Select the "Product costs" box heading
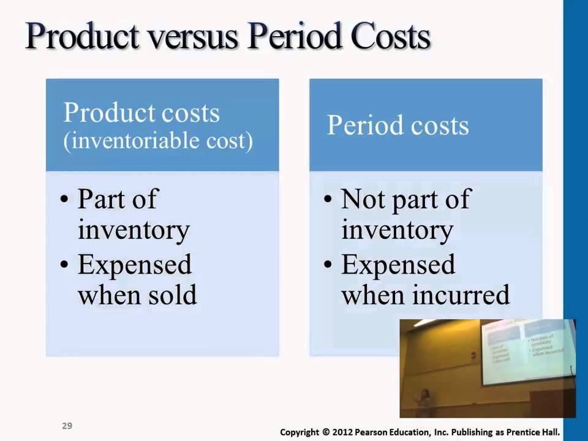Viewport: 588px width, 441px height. tap(141, 113)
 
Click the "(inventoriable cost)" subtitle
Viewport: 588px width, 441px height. tap(159, 141)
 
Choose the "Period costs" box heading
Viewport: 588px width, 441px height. tap(398, 125)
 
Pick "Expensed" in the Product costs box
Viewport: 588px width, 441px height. tap(135, 265)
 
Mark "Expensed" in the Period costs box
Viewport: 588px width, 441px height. tap(398, 265)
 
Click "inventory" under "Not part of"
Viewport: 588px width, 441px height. tap(397, 230)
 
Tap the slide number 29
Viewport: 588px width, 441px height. tap(67, 425)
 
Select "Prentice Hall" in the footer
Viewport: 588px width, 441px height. tap(533, 431)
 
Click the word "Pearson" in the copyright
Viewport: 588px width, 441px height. tap(379, 431)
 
